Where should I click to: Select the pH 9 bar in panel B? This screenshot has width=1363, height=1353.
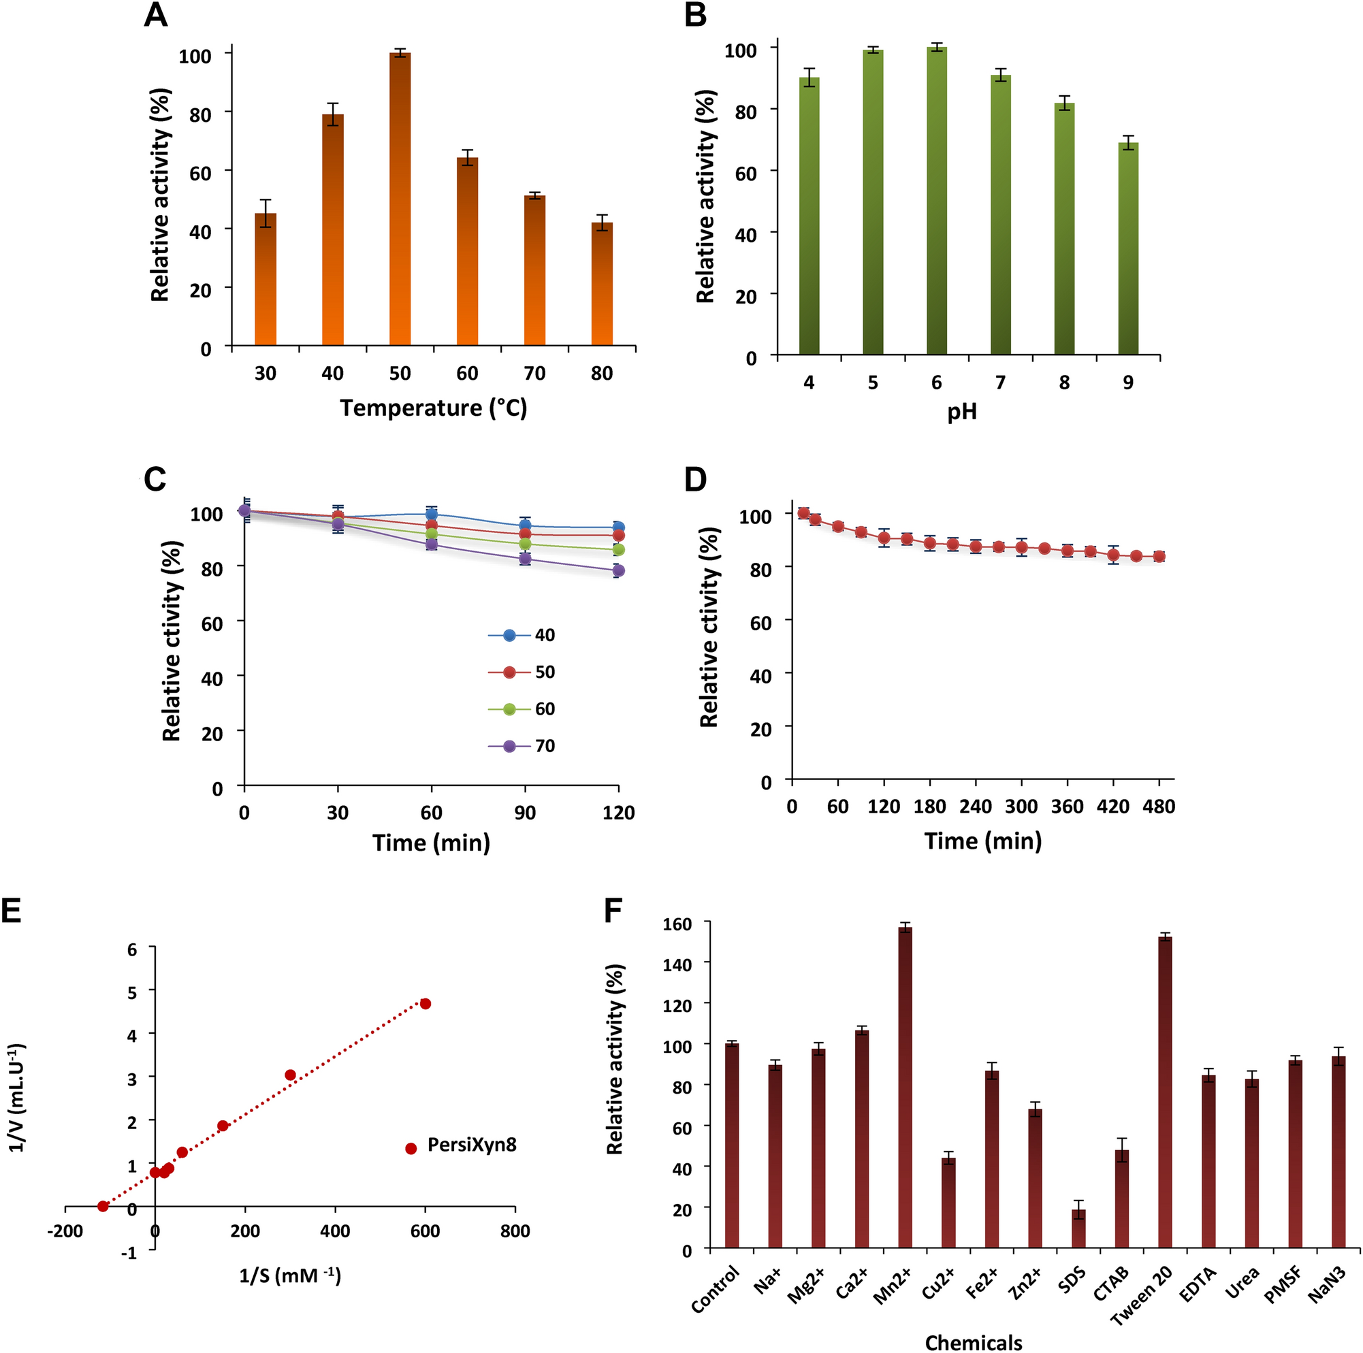pyautogui.click(x=1128, y=248)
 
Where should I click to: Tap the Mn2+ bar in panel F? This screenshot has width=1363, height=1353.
pyautogui.click(x=905, y=1088)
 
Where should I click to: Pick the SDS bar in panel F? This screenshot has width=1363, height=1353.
pyautogui.click(x=1078, y=1230)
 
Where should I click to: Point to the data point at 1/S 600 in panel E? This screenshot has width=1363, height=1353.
pyautogui.click(x=425, y=1004)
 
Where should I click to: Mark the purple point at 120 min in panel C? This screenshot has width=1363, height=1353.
pyautogui.click(x=619, y=571)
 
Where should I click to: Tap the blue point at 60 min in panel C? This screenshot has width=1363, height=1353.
pyautogui.click(x=431, y=514)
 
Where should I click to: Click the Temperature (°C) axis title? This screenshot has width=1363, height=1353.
pyautogui.click(x=433, y=408)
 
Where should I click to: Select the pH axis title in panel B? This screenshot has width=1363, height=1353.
pyautogui.click(x=961, y=412)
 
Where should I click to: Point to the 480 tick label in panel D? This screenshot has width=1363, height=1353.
pyautogui.click(x=1157, y=806)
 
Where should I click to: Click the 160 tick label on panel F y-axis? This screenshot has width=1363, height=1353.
pyautogui.click(x=677, y=923)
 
